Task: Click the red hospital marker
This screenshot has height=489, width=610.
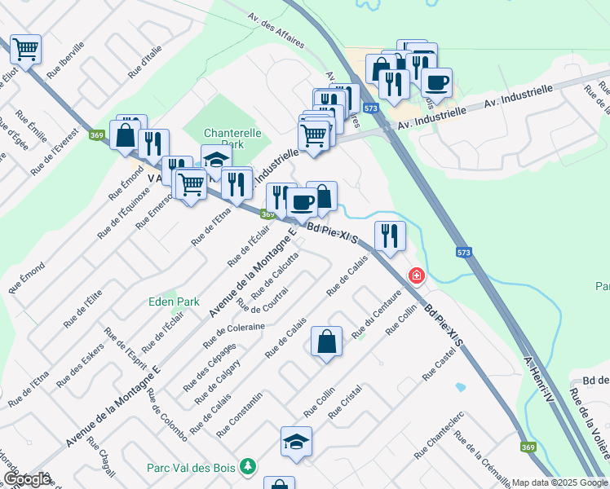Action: [417, 276]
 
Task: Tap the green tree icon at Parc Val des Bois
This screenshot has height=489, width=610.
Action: [249, 467]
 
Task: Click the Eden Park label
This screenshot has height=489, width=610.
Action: [174, 302]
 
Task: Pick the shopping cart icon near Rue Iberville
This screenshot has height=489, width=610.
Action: [25, 49]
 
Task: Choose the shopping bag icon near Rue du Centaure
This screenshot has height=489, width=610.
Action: [326, 342]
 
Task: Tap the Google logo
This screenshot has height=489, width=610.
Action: [27, 479]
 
